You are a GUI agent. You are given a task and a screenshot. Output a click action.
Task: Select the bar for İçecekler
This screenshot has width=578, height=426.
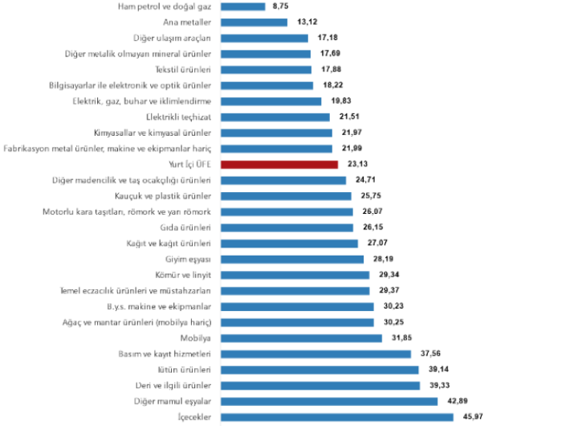click(x=336, y=416)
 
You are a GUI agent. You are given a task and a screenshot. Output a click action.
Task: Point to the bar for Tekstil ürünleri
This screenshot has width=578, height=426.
click(x=265, y=69)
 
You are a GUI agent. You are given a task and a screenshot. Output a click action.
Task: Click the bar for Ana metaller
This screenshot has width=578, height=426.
click(x=253, y=22)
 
